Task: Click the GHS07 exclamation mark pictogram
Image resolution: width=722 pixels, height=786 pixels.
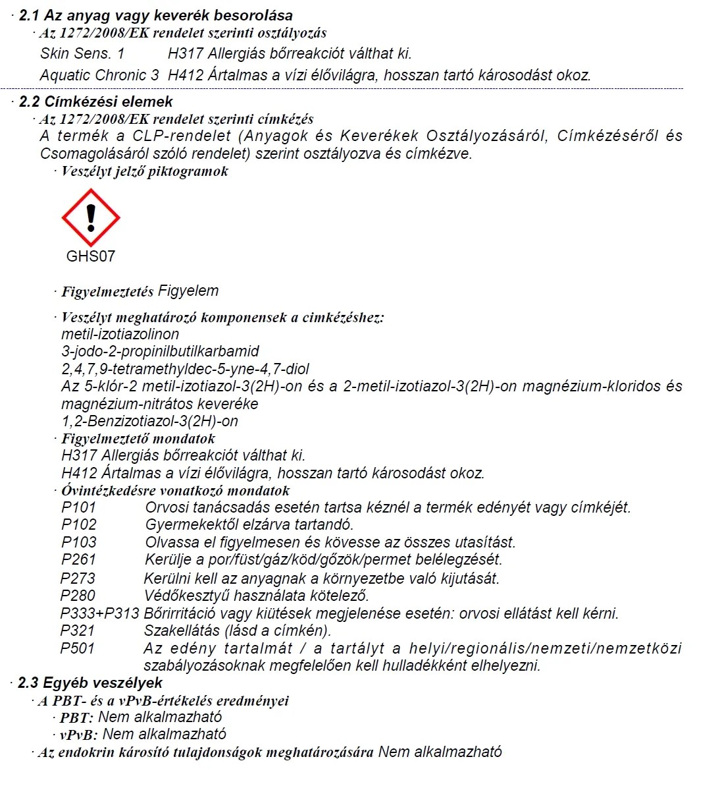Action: [91, 218]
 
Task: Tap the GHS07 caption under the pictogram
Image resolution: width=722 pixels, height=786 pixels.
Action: [91, 256]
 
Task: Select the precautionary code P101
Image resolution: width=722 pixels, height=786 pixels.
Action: [79, 507]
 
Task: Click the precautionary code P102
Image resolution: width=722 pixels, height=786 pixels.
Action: [79, 524]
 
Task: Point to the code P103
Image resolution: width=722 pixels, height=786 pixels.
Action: [79, 542]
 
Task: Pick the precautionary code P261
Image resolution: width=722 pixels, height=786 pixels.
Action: [79, 559]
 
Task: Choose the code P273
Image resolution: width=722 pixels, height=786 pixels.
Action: [78, 578]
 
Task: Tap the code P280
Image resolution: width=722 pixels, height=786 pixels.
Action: [78, 596]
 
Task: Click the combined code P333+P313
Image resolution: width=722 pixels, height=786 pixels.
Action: [99, 613]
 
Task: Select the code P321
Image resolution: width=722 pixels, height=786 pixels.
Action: [78, 631]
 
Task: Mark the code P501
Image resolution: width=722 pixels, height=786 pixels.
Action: [78, 648]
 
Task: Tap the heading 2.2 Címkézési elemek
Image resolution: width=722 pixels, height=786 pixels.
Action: [95, 101]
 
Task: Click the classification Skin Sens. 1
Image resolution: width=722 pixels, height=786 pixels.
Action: [82, 53]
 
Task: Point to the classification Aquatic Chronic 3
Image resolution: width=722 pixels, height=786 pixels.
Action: [99, 75]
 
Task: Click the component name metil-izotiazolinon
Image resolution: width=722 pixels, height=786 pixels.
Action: [120, 334]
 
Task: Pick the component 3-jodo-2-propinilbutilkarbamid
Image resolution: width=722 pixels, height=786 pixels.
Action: [160, 351]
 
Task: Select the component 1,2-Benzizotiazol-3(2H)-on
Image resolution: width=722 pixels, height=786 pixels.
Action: [149, 421]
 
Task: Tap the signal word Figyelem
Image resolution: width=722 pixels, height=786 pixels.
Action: [188, 291]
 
